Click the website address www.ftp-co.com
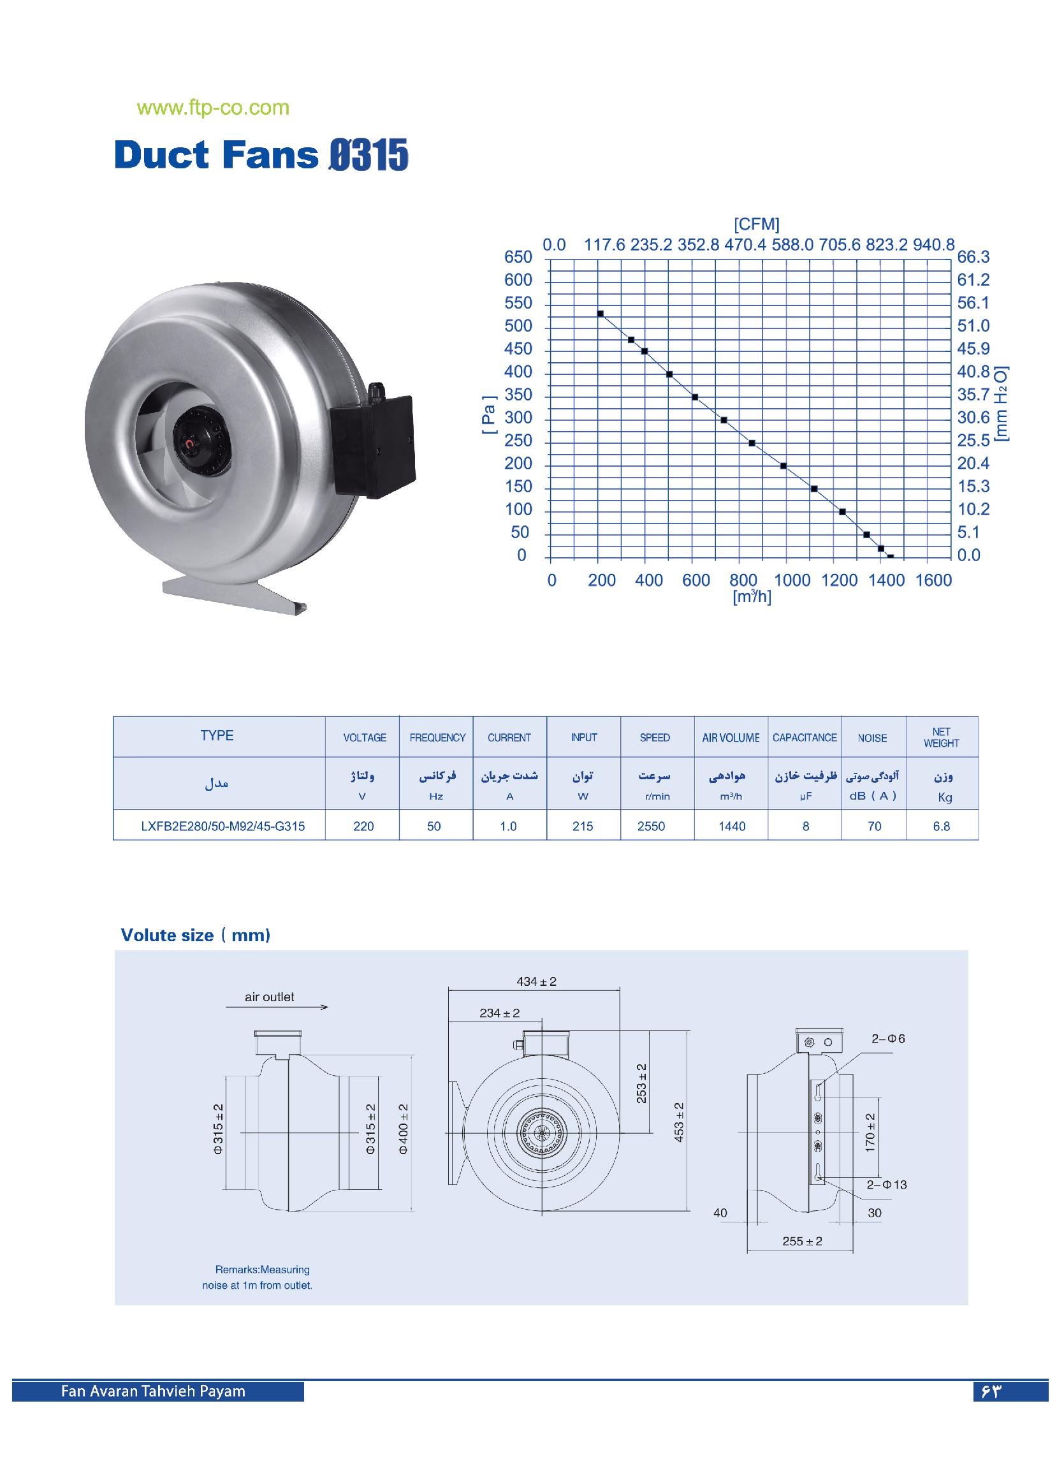coord(213,108)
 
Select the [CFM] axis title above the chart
coord(756,224)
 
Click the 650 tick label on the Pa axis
coord(518,257)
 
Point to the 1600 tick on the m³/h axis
coord(933,580)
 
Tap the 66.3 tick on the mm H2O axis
coord(973,257)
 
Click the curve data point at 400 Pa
coord(669,374)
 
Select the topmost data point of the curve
coord(600,314)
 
